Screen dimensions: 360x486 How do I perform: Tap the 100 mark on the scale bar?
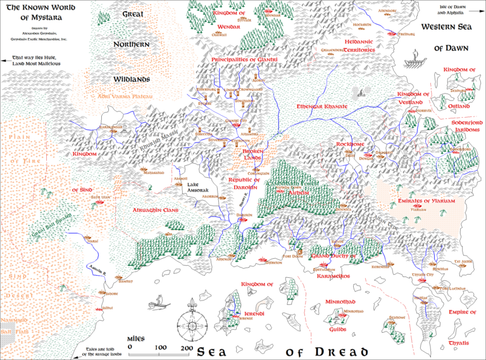click(x=160, y=347)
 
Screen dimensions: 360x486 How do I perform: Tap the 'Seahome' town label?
click(x=397, y=318)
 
